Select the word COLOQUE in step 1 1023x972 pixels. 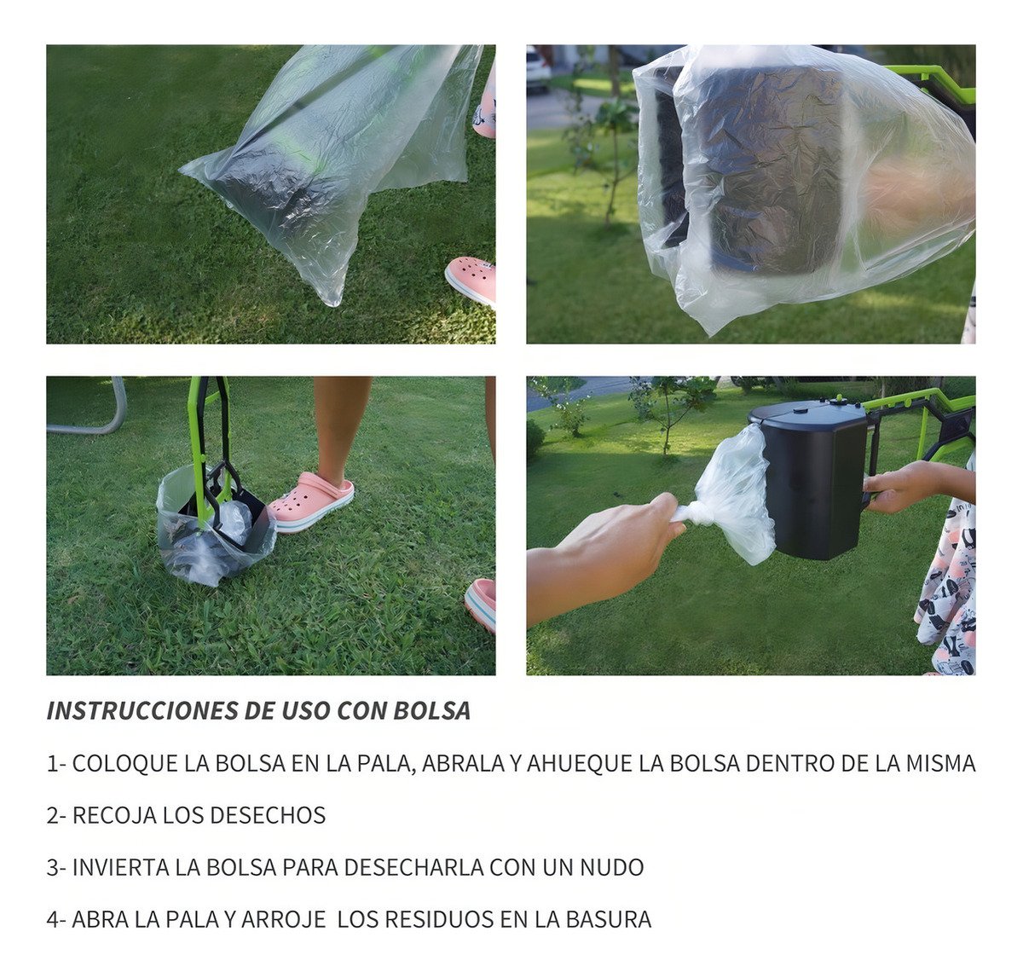point(124,764)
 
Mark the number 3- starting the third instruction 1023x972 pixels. point(56,867)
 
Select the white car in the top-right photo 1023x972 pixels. point(538,69)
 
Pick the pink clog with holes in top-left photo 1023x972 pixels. point(471,281)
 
